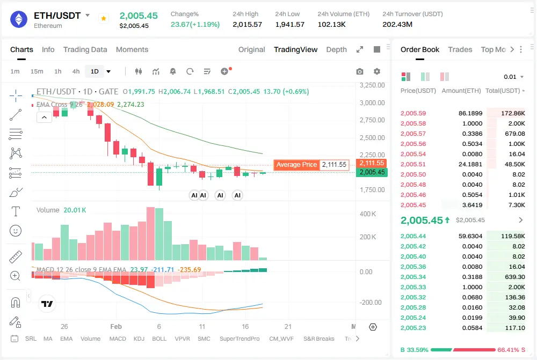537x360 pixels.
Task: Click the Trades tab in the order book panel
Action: tap(460, 49)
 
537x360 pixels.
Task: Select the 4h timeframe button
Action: tap(76, 71)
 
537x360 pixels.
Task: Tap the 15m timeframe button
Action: tap(37, 71)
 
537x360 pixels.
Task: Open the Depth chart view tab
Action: tap(336, 49)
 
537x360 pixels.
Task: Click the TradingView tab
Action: tap(295, 49)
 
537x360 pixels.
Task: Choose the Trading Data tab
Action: tap(85, 49)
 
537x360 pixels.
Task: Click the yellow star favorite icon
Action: tap(104, 18)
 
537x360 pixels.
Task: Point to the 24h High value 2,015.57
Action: tap(247, 24)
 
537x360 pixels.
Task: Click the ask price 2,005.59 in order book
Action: tap(413, 113)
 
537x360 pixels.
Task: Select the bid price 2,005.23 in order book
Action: tap(413, 328)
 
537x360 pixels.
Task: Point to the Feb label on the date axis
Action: tap(117, 326)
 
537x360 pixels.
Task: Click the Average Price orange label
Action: tap(296, 165)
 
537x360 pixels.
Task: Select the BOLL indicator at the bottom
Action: tap(159, 339)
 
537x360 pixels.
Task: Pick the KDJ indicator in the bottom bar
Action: tap(139, 339)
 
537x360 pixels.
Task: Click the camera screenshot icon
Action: tap(360, 71)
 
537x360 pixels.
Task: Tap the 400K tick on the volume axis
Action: tap(367, 214)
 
